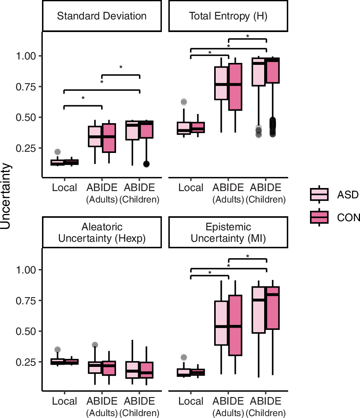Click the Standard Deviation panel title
tap(102, 16)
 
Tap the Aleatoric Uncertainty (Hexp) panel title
tap(102, 233)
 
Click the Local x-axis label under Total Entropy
tap(191, 188)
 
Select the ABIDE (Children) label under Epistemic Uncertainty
tap(266, 406)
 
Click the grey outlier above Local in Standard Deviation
tap(57, 152)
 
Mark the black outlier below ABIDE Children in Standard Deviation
tap(146, 164)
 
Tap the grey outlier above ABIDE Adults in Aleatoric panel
tap(95, 345)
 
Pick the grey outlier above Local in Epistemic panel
tap(184, 357)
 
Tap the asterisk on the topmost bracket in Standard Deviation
tap(121, 68)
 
